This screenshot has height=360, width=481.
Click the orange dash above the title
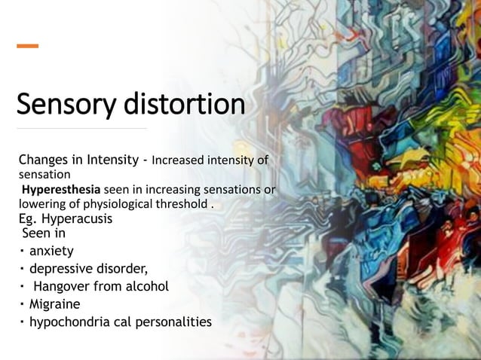coord(28,47)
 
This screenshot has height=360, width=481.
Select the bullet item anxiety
coord(51,252)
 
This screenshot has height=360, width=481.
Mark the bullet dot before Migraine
coord(23,304)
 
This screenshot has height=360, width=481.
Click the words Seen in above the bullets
coord(44,233)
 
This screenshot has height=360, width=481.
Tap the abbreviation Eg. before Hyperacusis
coord(28,219)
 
